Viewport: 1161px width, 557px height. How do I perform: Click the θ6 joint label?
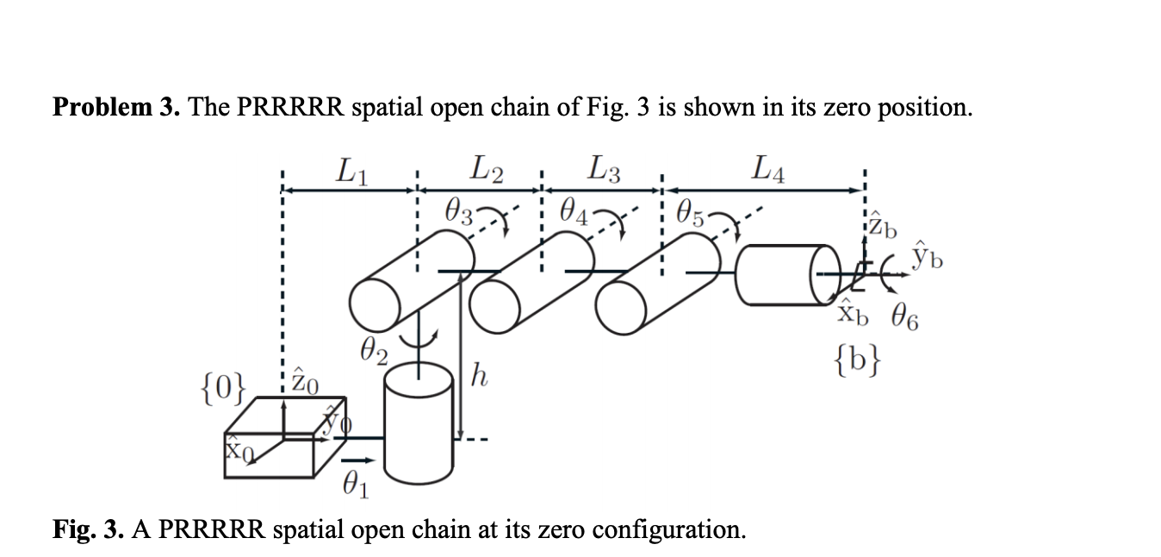[902, 321]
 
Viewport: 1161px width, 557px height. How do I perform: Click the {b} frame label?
[860, 358]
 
